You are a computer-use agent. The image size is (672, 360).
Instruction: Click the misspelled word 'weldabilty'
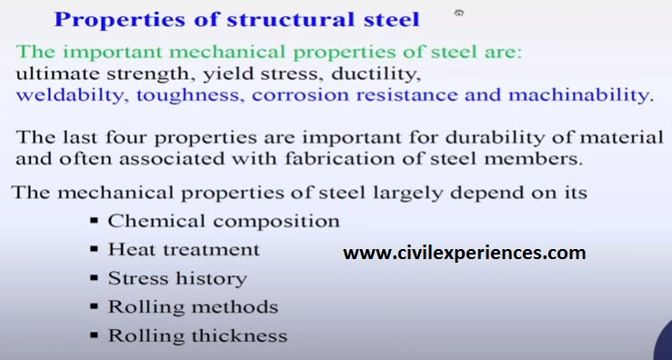pos(70,95)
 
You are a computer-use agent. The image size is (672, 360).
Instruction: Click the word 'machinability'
pos(581,95)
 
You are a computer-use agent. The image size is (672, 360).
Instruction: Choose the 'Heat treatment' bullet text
pos(184,249)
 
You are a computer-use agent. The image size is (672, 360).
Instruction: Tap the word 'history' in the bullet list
pos(212,278)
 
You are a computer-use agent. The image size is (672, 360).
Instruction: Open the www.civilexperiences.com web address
pos(464,253)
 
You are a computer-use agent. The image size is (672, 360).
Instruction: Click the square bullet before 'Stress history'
pos(95,278)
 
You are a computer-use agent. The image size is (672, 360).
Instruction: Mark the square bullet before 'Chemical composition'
pos(95,222)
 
